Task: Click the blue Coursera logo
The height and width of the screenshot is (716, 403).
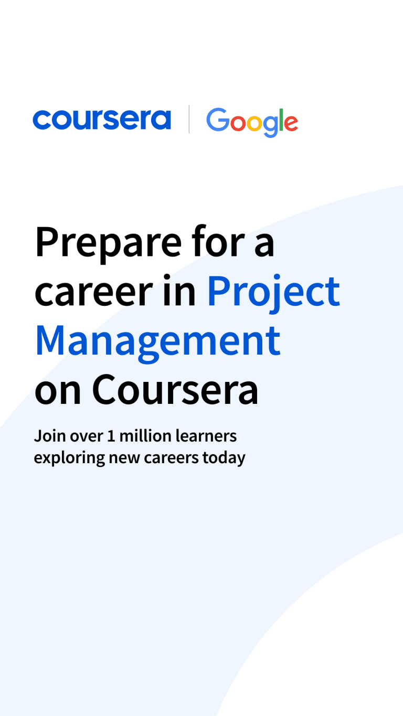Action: pos(102,120)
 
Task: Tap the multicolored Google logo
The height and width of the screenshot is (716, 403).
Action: pos(252,122)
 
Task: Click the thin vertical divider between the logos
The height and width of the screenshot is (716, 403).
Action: pos(189,119)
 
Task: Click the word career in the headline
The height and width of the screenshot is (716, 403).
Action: pos(94,292)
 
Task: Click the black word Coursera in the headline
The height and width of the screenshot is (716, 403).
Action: pos(175,390)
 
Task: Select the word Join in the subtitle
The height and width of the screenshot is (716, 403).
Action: pos(49,436)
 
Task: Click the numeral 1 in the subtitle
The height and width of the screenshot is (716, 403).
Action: pos(111,436)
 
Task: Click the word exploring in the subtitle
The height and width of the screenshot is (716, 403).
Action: pos(69,458)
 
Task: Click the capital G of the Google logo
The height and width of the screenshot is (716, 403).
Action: pos(218,120)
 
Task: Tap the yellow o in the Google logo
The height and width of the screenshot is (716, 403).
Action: pos(254,124)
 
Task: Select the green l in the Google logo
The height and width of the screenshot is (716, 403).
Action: pos(281,120)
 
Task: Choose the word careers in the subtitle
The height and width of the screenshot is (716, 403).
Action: pos(172,458)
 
